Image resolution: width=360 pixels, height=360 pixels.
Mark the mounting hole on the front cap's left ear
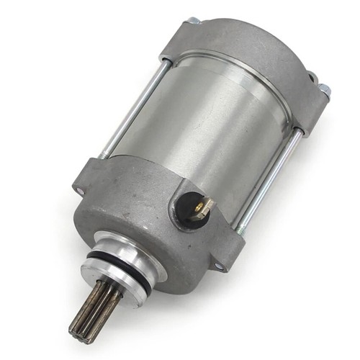point(77,190)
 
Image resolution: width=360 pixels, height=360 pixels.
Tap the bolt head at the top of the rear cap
point(194,21)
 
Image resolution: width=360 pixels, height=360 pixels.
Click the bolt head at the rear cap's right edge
point(324,90)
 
